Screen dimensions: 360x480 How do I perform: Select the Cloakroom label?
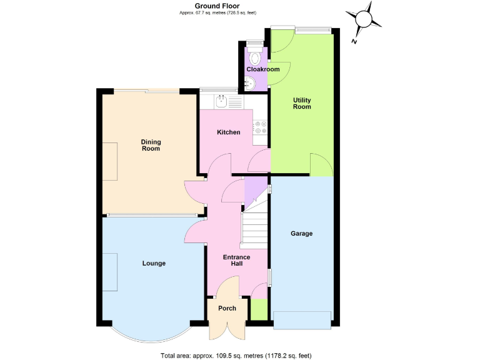(262, 69)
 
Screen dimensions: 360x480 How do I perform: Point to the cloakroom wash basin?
(250, 82)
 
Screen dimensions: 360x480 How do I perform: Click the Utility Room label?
(302, 103)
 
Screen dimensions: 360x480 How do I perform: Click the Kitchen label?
(228, 132)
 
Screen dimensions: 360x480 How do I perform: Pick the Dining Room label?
(151, 145)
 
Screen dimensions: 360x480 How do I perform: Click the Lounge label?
(154, 263)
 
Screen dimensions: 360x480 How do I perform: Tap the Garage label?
(301, 234)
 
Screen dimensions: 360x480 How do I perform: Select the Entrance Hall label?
(237, 261)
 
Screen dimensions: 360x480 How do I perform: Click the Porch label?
(227, 309)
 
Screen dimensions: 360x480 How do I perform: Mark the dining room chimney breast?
(110, 161)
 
